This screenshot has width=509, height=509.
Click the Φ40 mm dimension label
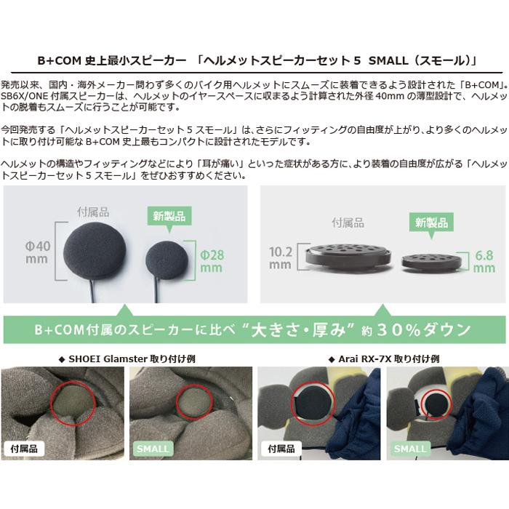tap(38, 252)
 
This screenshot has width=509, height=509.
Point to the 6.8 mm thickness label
tap(484, 262)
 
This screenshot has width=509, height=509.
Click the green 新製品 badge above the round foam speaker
tap(169, 216)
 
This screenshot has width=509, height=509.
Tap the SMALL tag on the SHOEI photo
tap(153, 449)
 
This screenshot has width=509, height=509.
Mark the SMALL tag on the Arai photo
tap(410, 449)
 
